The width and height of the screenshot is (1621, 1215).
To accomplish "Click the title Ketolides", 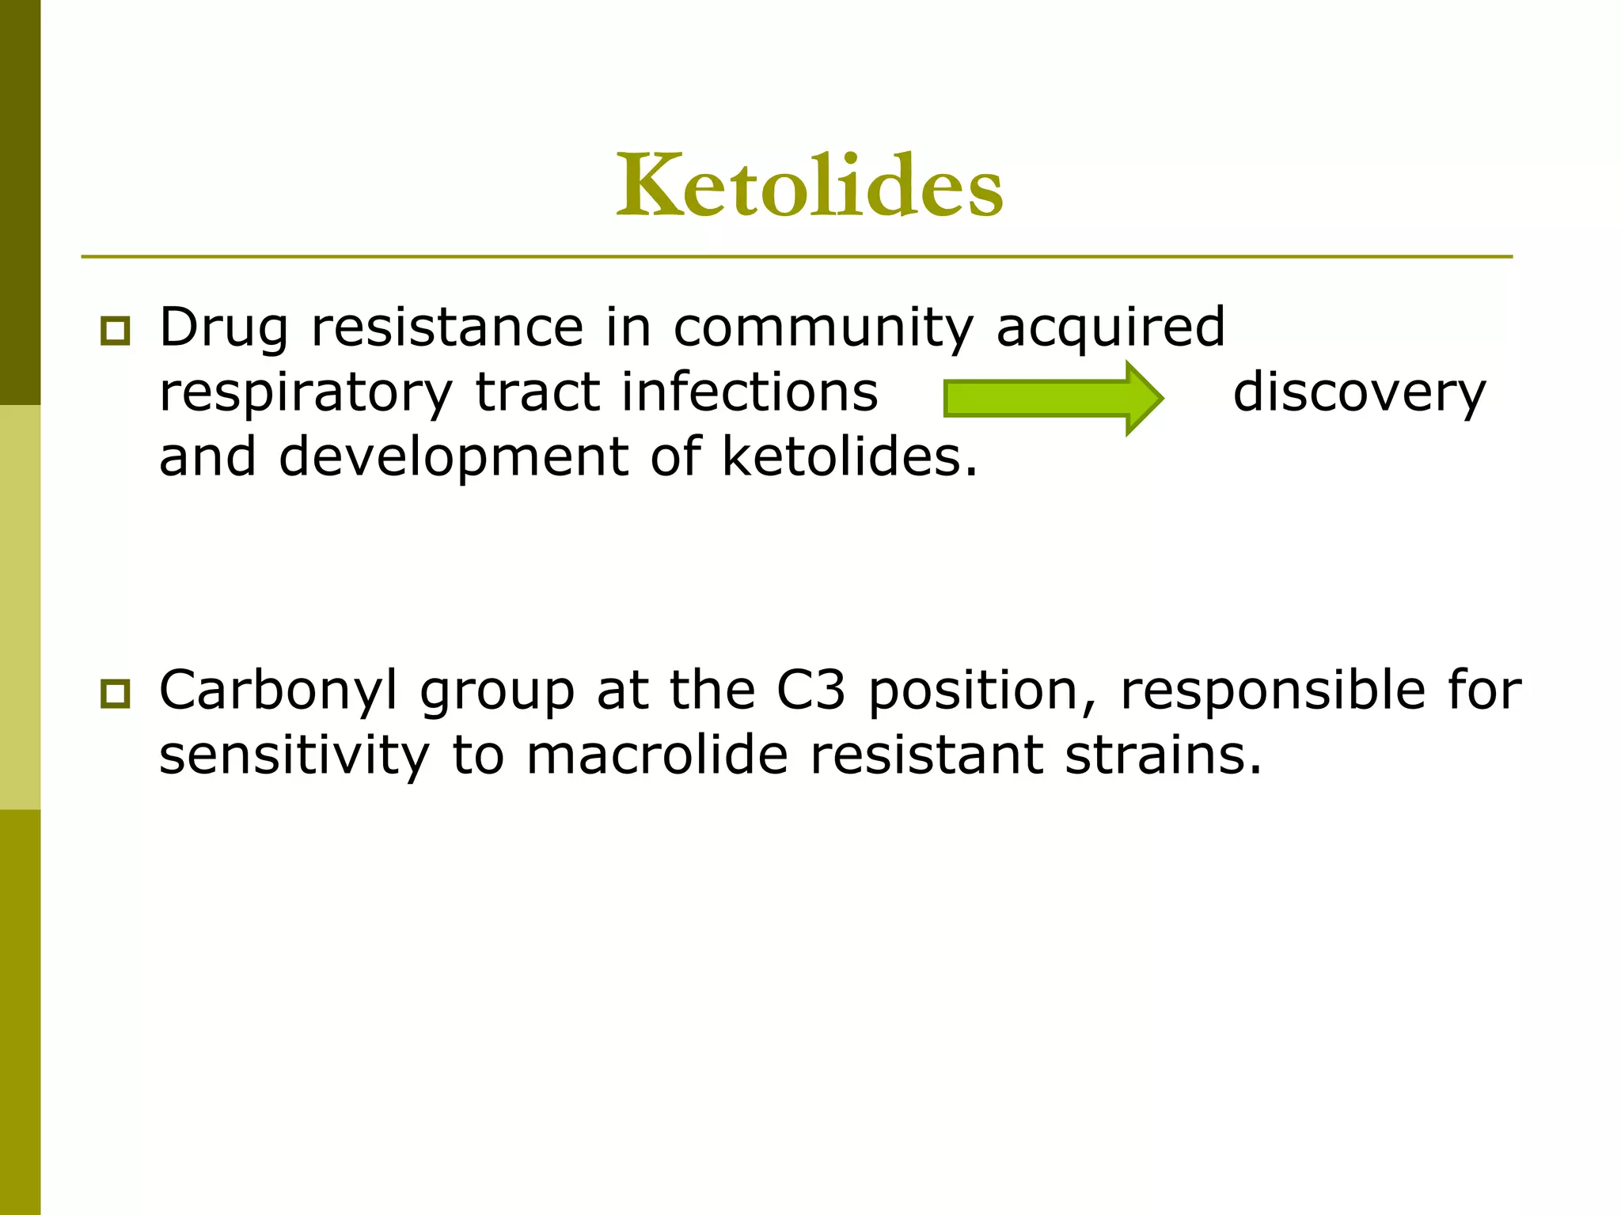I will click(x=810, y=186).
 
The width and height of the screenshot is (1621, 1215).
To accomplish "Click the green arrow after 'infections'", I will click(x=1053, y=398).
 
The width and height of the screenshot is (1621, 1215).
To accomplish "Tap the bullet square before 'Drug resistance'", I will click(x=116, y=331).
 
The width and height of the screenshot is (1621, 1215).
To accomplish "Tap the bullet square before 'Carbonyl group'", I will click(x=116, y=694).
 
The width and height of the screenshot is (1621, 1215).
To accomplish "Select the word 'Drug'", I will click(x=223, y=328).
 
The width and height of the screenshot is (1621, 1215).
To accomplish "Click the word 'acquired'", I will click(x=1110, y=328).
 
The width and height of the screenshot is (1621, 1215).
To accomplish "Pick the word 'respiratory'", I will click(x=306, y=393).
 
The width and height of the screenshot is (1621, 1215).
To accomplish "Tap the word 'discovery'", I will click(x=1359, y=393).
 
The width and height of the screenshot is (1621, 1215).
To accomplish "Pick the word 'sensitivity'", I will click(x=294, y=755).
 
